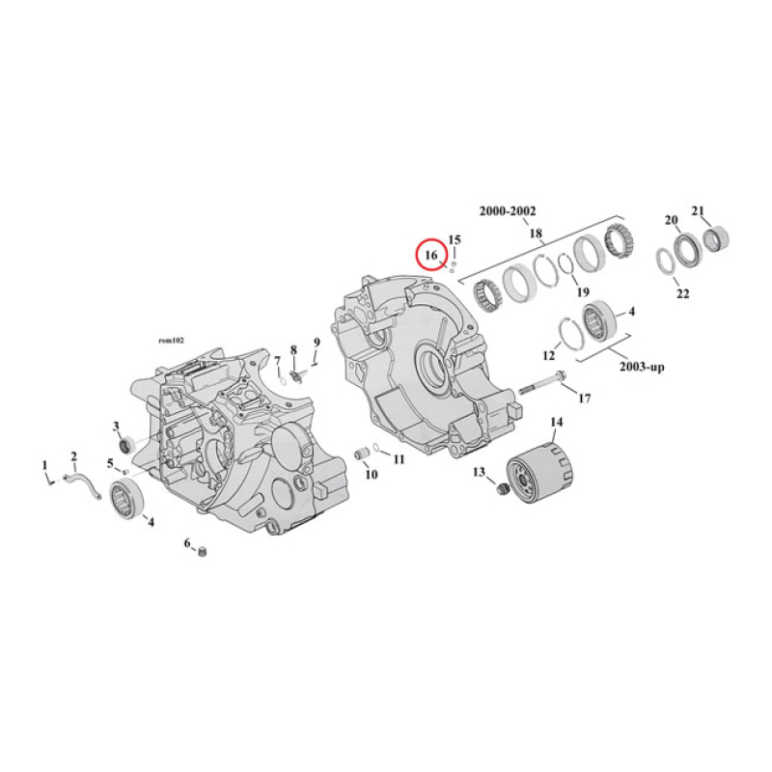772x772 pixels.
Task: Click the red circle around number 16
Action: point(431,255)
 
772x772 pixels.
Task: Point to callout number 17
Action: point(584,398)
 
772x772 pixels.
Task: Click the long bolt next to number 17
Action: point(545,383)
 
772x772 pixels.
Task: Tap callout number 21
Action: point(700,210)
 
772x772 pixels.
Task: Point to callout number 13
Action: point(478,472)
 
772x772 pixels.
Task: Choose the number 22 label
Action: point(682,293)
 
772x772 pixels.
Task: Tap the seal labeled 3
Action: point(125,443)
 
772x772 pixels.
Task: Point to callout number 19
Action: point(582,292)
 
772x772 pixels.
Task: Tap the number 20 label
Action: point(671,220)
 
